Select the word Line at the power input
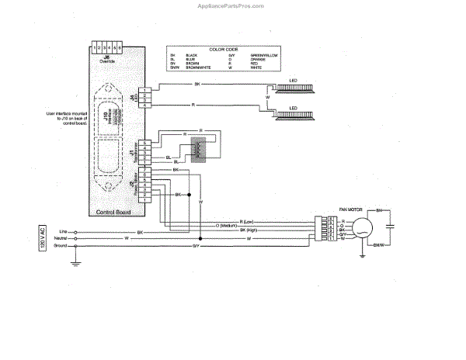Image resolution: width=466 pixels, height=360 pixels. point(64,230)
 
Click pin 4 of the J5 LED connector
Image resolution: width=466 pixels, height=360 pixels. point(145,105)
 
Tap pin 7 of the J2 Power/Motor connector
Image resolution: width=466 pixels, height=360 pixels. point(145,169)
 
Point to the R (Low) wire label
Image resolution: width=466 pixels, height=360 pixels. point(249,220)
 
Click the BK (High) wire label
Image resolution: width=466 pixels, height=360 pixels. point(249,230)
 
